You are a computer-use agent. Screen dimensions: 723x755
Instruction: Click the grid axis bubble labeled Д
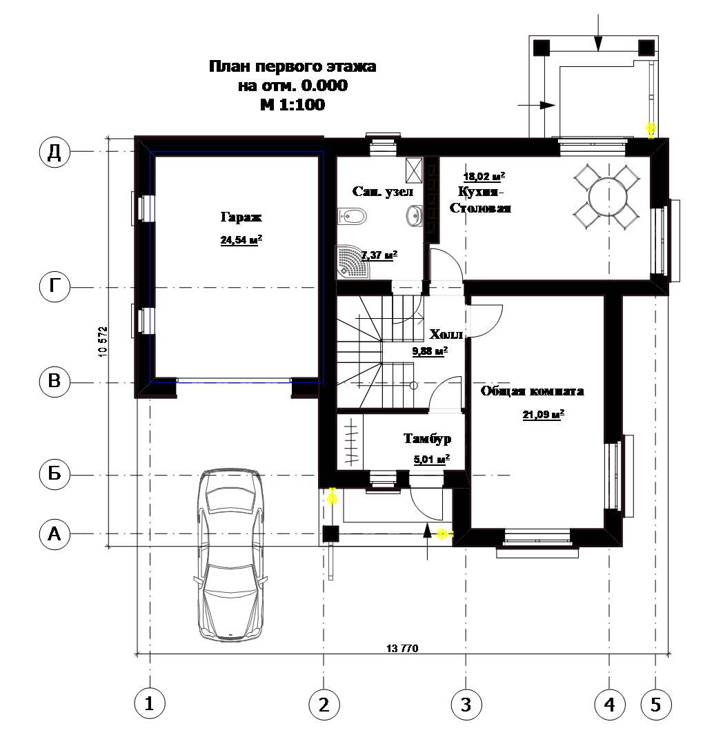coord(55,152)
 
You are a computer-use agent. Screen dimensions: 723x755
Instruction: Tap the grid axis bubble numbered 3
coord(466,705)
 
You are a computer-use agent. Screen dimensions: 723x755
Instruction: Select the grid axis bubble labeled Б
coord(55,474)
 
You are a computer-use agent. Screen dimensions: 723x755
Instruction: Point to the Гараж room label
coord(241,217)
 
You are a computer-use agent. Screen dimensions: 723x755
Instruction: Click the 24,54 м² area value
coord(241,239)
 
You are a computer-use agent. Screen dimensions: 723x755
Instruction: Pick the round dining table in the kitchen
coord(608,197)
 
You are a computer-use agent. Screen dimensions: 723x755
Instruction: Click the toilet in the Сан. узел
coord(352,216)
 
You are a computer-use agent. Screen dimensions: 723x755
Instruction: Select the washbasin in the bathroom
coord(415,216)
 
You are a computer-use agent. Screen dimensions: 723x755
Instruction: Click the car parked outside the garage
coord(230,555)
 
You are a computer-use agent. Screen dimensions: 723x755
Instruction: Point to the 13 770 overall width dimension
coord(402,649)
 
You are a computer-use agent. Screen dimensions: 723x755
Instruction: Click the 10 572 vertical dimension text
coord(103,342)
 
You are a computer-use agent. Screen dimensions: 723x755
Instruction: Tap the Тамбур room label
coord(427,439)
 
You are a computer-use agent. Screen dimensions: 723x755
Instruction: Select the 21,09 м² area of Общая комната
coord(544,414)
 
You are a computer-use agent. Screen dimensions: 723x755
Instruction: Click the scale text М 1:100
coord(293,104)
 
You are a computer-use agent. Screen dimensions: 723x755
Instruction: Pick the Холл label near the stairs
coord(446,334)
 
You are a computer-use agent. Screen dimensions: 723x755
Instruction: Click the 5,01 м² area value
coord(432,459)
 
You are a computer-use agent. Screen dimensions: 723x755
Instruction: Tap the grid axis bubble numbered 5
coord(655,705)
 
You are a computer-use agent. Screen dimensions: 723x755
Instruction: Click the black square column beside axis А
coord(330,533)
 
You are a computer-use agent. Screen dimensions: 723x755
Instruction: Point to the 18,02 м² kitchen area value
coord(484,176)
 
